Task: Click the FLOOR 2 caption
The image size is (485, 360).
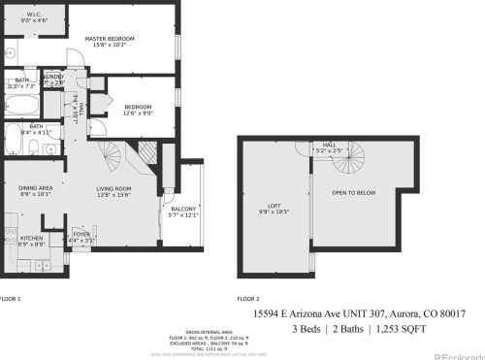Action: [x=248, y=299]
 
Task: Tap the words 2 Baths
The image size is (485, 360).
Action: [x=356, y=330]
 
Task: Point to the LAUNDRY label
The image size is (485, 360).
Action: [x=54, y=77]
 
